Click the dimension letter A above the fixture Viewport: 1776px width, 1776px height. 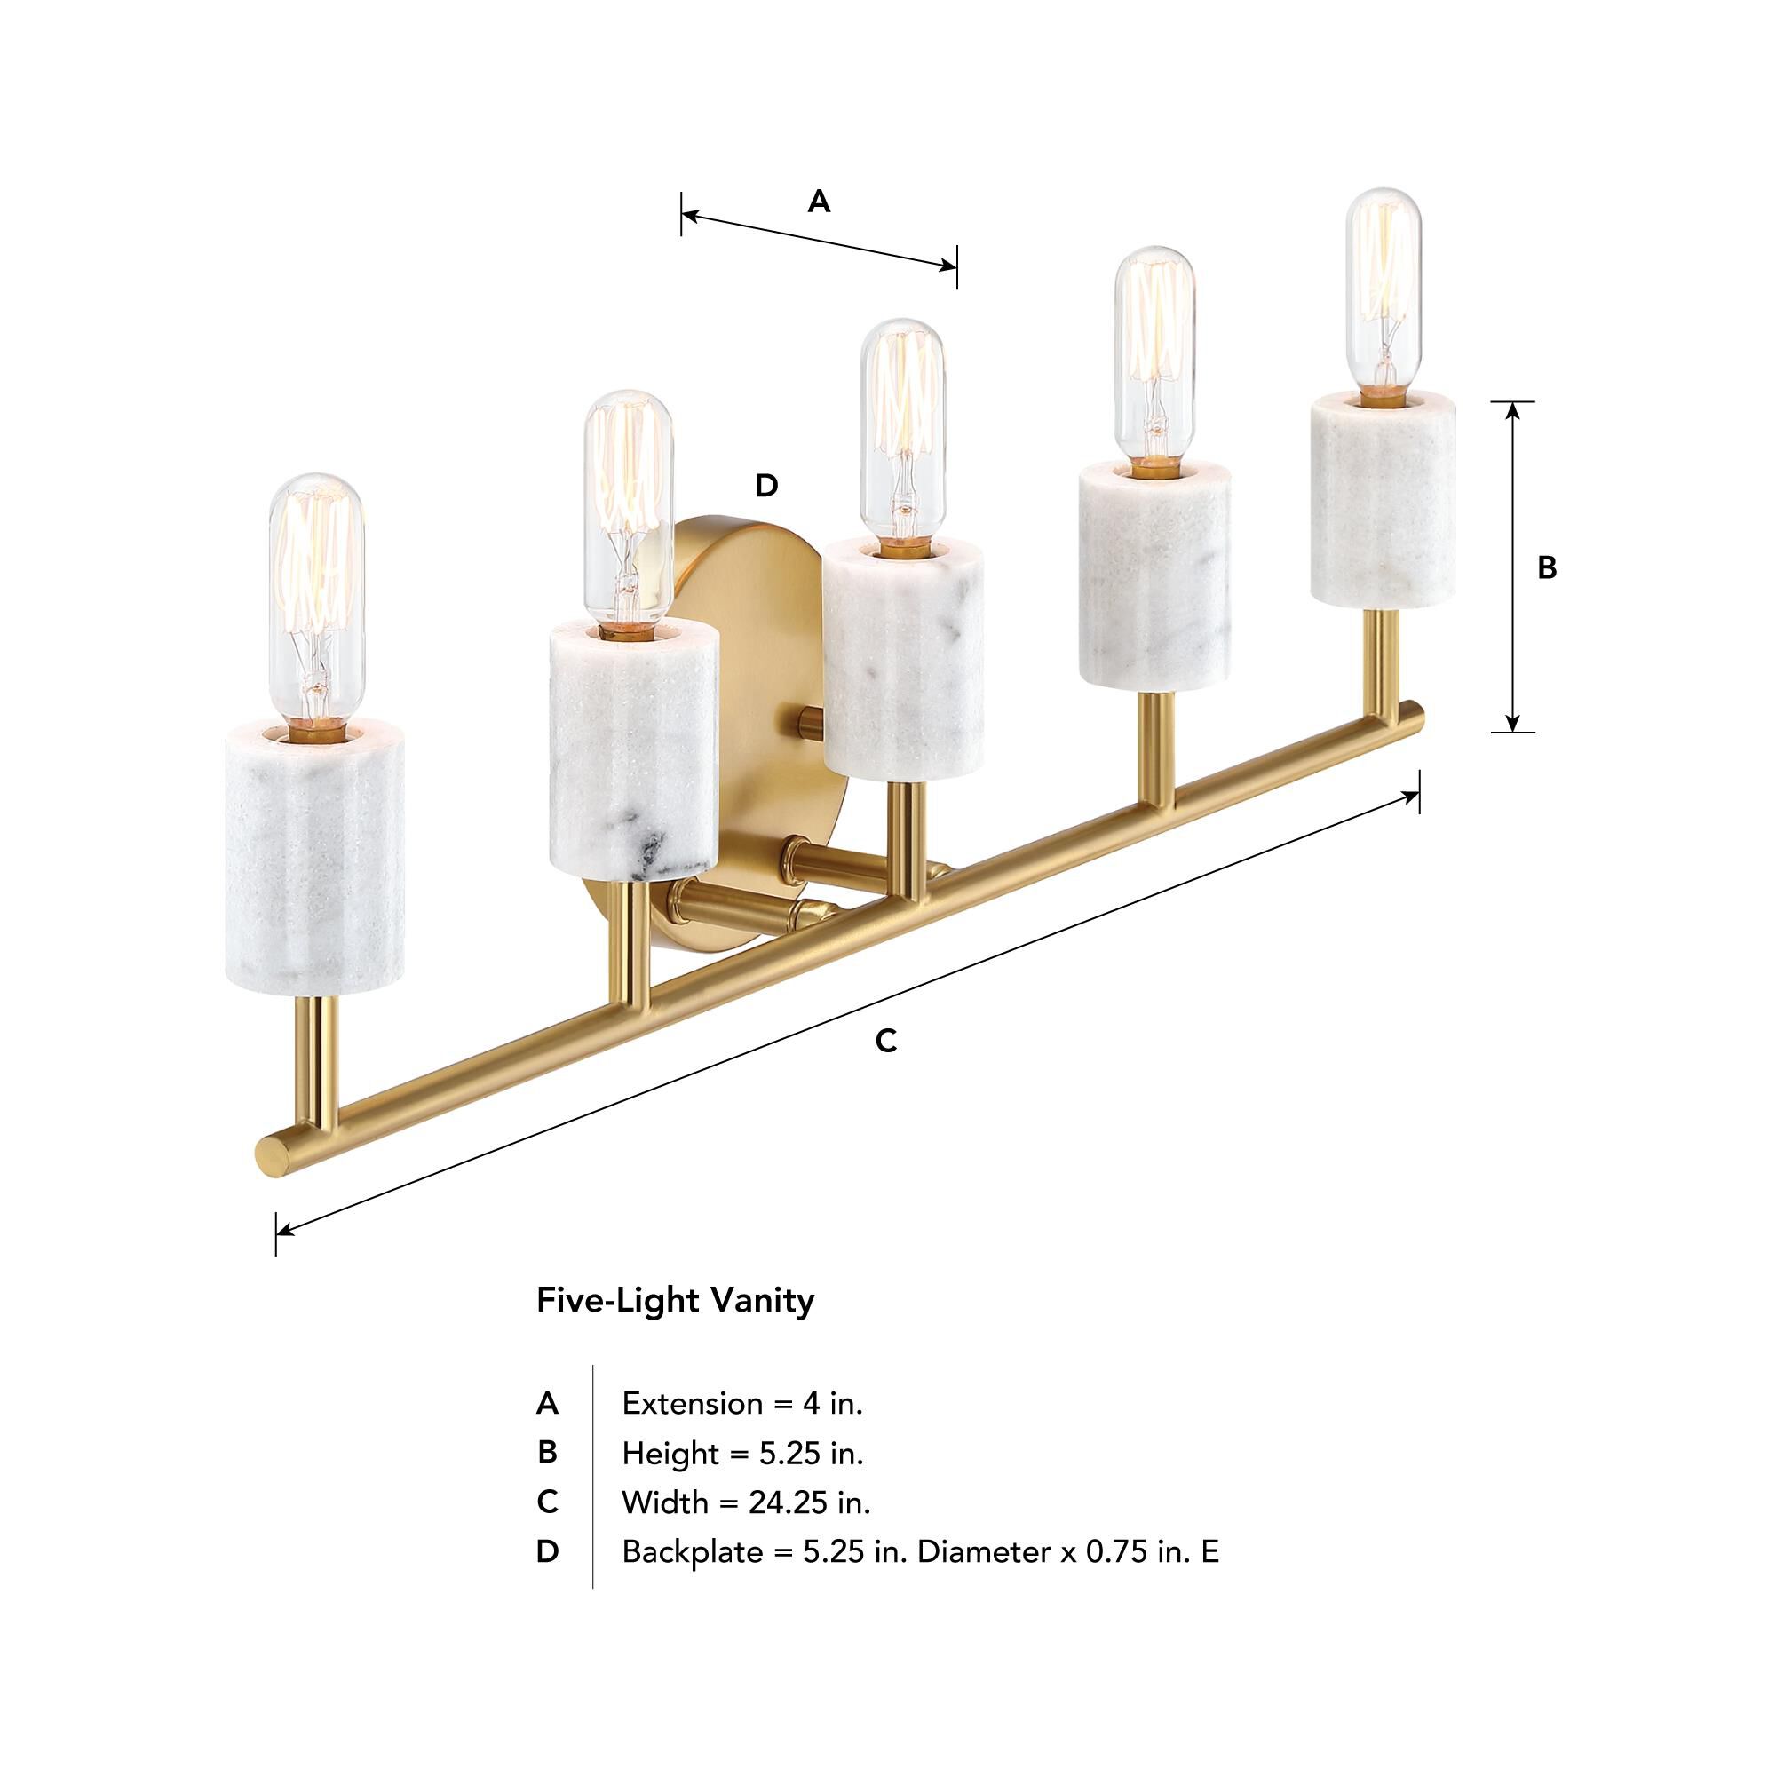[818, 202]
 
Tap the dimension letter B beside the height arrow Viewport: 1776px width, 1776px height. [1547, 568]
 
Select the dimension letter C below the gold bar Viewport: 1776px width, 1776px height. [885, 1042]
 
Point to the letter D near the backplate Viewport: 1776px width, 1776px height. [765, 486]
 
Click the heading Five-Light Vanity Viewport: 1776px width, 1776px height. [675, 1301]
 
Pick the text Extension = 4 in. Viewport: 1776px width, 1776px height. [741, 1404]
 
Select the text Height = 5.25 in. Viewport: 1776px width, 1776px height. [741, 1454]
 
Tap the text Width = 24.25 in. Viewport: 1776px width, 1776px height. [746, 1503]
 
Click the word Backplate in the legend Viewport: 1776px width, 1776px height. [691, 1552]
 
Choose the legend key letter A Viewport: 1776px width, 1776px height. [547, 1404]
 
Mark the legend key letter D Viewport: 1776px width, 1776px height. [547, 1552]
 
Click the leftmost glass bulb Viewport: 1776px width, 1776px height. [315, 598]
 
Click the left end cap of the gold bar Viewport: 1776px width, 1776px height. [270, 1154]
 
